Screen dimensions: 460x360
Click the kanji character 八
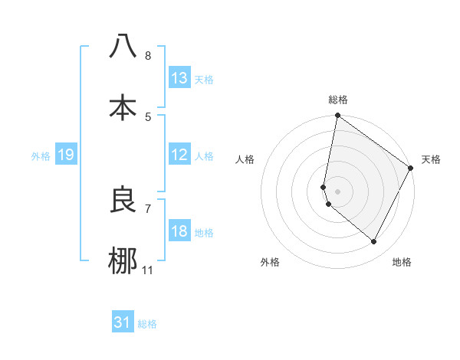pyautogui.click(x=123, y=47)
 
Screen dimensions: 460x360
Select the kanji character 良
pyautogui.click(x=123, y=200)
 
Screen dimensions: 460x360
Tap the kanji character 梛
pyautogui.click(x=123, y=260)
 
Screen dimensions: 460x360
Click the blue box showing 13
pyautogui.click(x=179, y=78)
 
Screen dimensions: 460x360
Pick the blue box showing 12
pyautogui.click(x=179, y=155)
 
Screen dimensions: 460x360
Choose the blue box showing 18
pyautogui.click(x=179, y=231)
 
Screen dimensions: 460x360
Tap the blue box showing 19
pyautogui.click(x=66, y=155)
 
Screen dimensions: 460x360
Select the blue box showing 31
pyautogui.click(x=123, y=322)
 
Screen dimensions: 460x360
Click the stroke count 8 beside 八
pyautogui.click(x=148, y=56)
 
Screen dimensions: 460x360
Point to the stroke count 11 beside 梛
pyautogui.click(x=148, y=270)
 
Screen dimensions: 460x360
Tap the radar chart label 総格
pyautogui.click(x=338, y=100)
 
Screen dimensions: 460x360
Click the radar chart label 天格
pyautogui.click(x=431, y=159)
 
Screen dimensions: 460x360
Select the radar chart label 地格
pyautogui.click(x=402, y=262)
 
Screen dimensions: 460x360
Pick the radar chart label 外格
pyautogui.click(x=270, y=262)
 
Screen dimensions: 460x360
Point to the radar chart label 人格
pyautogui.click(x=245, y=159)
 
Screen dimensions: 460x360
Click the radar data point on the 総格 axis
pyautogui.click(x=337, y=116)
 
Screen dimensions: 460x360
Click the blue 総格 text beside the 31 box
pyautogui.click(x=147, y=324)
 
